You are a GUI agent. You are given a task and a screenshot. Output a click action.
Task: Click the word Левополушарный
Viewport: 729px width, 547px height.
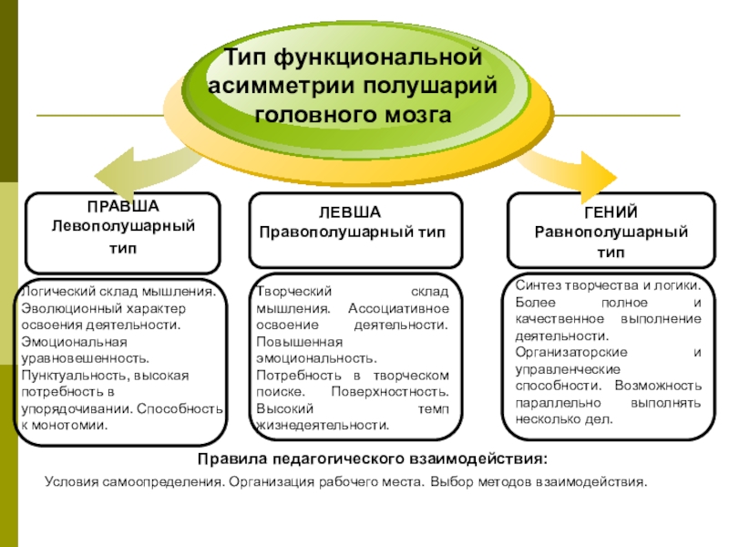coord(122,224)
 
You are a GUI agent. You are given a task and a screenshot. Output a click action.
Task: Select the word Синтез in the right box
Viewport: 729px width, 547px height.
coord(536,285)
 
